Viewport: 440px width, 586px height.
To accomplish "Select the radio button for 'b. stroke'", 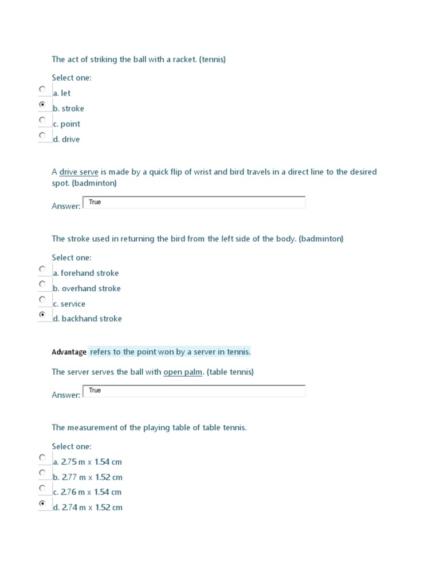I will coord(42,105).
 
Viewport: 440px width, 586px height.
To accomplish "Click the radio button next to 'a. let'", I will coord(42,89).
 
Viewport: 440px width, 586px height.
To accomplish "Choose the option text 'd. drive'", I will coord(66,139).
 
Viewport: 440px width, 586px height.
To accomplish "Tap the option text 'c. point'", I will coord(66,124).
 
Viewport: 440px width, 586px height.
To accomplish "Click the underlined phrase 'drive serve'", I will coord(79,172).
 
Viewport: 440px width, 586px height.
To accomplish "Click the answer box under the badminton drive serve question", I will coord(194,203).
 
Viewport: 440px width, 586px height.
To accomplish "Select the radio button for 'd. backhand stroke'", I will coord(42,315).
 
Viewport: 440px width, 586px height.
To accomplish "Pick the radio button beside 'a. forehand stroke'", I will coord(42,269).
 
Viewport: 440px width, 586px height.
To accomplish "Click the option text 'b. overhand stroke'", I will coord(87,288).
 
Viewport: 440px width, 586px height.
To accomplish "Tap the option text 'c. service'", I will coord(69,304).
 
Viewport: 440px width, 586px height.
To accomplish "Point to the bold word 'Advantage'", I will coord(69,352).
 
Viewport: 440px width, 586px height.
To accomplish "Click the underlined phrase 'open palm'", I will coord(183,372).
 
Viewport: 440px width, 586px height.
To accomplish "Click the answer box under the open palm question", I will coord(194,391).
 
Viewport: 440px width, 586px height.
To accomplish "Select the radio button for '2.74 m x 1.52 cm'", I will coord(42,504).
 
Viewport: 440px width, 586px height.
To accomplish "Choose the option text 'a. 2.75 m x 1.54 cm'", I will coord(87,462).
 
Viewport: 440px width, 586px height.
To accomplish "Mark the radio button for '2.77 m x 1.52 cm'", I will coord(42,473).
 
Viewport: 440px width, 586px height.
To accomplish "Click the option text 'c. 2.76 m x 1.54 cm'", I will coord(87,492).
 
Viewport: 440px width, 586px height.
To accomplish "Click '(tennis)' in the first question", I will coord(213,60).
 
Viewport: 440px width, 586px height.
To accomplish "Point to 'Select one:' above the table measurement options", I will coord(72,446).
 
